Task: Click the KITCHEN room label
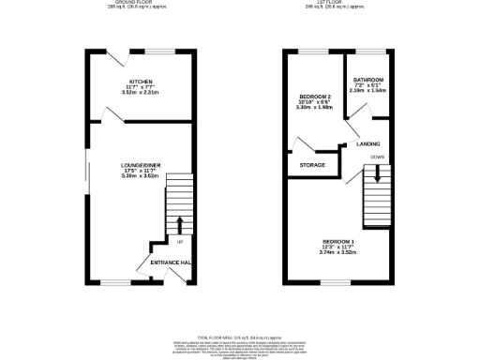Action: pos(142,82)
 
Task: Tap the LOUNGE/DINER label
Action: pos(142,165)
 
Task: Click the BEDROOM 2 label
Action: pos(314,97)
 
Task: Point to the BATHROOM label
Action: pos(367,80)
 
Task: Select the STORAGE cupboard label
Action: pos(313,165)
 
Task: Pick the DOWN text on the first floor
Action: pos(378,157)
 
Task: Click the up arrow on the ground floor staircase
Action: pos(179,225)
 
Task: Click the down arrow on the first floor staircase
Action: pos(378,173)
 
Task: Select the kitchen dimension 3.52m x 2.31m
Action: pos(142,93)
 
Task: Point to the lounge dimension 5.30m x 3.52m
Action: pos(142,176)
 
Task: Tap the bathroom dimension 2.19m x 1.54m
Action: pos(367,91)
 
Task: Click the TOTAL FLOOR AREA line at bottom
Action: pos(240,336)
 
